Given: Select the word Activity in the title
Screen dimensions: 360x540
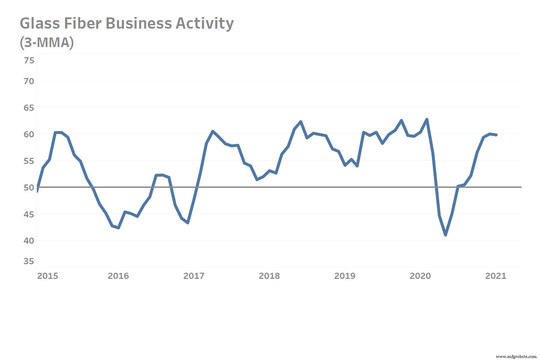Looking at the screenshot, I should click(204, 24).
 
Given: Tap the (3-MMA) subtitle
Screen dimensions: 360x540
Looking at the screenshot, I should click(47, 43).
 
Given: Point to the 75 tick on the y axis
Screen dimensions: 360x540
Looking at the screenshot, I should click(29, 60).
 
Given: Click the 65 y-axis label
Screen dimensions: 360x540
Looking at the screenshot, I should click(29, 108).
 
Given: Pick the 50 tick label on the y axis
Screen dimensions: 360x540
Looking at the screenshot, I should click(29, 187).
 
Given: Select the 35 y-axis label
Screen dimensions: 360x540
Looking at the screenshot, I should click(29, 261).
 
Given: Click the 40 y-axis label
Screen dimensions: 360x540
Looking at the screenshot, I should click(29, 240).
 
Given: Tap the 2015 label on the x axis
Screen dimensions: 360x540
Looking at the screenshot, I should click(47, 276).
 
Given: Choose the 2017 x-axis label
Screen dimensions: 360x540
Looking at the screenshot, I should click(194, 276).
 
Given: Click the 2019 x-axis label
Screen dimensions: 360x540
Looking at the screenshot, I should click(344, 276).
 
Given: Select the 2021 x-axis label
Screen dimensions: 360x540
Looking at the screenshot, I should click(495, 276).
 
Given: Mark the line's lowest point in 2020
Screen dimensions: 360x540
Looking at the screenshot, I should click(445, 235).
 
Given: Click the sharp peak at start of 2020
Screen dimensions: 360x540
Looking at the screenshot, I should click(427, 119).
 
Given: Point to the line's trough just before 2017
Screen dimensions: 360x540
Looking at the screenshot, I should click(188, 223).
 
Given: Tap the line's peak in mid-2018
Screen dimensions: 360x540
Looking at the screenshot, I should click(301, 122).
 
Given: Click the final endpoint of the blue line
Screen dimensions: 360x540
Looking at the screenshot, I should click(496, 135).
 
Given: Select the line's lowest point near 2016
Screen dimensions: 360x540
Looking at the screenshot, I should click(118, 228).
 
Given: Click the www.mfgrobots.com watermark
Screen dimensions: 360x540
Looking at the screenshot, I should click(516, 357).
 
